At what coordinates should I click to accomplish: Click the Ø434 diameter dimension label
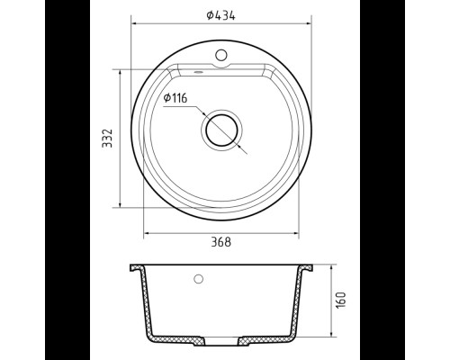pyautogui.click(x=220, y=15)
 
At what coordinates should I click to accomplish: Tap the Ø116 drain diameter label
pyautogui.click(x=175, y=98)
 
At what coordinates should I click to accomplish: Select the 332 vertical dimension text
pyautogui.click(x=107, y=139)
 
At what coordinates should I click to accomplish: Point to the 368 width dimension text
pyautogui.click(x=221, y=242)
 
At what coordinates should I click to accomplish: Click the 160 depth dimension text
pyautogui.click(x=341, y=300)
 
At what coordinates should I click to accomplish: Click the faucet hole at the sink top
pyautogui.click(x=221, y=55)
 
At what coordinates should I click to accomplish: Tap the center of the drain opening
pyautogui.click(x=221, y=130)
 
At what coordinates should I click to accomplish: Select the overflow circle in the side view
pyautogui.click(x=198, y=279)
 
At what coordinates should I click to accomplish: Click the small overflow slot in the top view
pyautogui.click(x=198, y=72)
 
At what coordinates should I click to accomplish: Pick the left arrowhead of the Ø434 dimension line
pyautogui.click(x=134, y=23)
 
